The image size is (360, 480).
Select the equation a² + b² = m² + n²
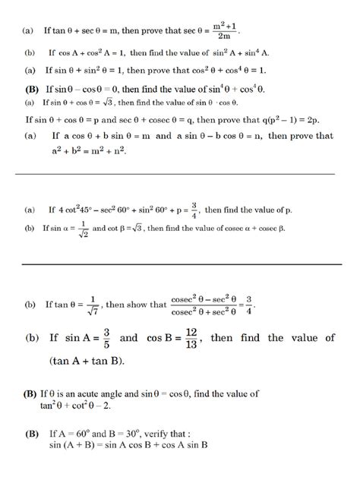pyautogui.click(x=88, y=151)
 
